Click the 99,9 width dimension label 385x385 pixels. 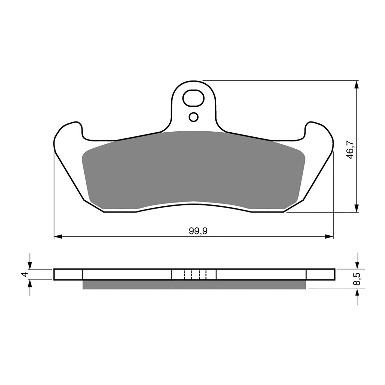tap(198, 231)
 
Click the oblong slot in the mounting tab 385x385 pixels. tap(192, 99)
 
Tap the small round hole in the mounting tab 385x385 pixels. tap(193, 117)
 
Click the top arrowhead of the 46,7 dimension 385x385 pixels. tap(357, 84)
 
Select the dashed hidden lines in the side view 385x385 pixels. tap(195, 274)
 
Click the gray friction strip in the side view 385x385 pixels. tap(194, 284)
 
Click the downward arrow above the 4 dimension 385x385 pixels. tap(30, 265)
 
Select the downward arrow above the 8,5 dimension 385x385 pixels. tap(357, 265)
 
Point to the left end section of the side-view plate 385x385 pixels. tap(68, 274)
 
